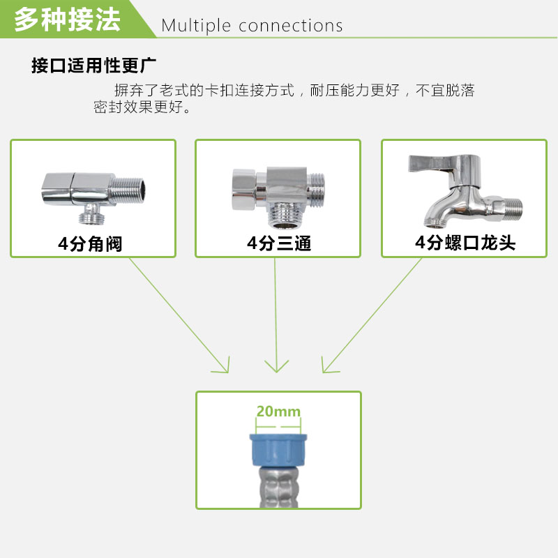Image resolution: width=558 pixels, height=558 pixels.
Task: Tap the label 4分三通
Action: (278, 243)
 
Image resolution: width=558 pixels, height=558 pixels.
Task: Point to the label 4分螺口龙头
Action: (465, 243)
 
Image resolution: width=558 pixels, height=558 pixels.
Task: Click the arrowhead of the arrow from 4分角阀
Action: (225, 367)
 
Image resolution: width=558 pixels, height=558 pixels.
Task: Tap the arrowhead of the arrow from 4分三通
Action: (278, 368)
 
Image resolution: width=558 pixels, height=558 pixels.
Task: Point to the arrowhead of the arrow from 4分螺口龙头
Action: (326, 368)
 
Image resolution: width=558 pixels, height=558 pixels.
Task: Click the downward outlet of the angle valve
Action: (90, 214)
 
